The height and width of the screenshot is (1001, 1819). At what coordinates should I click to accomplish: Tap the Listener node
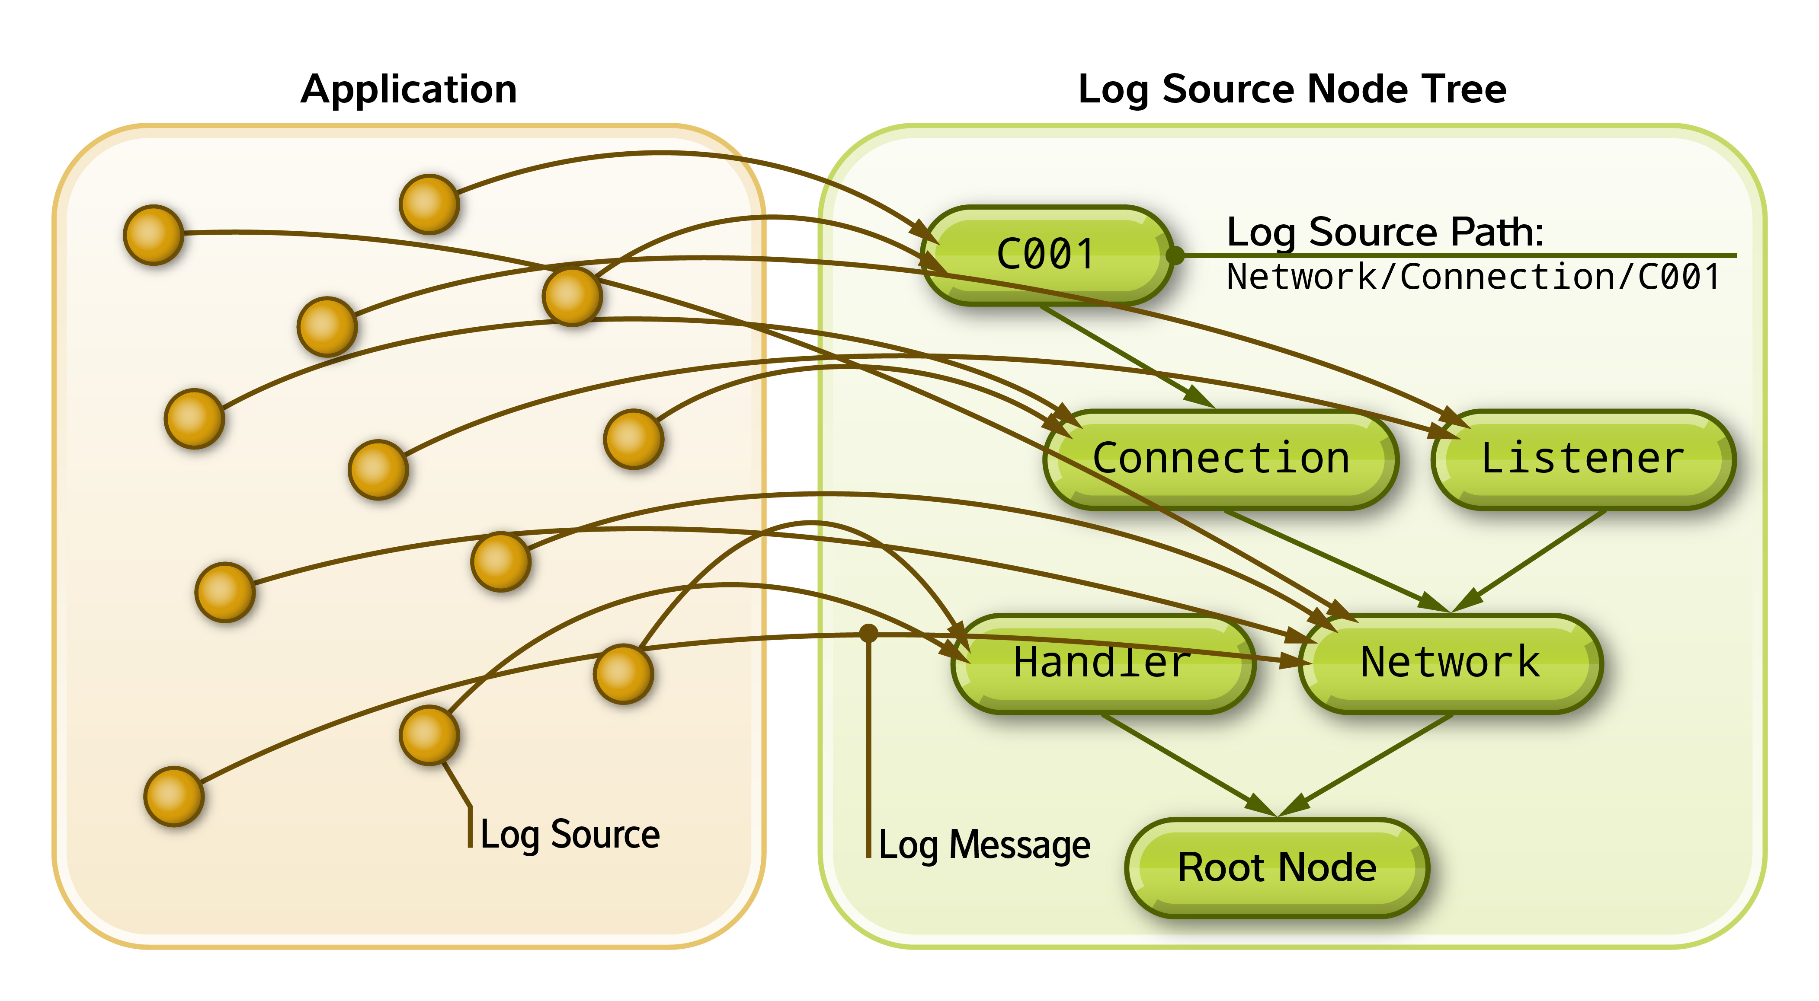[1582, 459]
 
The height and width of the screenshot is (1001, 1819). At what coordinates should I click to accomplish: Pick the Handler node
[1102, 663]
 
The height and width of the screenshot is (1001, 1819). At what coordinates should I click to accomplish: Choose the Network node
[1451, 663]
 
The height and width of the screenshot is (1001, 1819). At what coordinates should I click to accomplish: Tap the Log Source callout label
[569, 835]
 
